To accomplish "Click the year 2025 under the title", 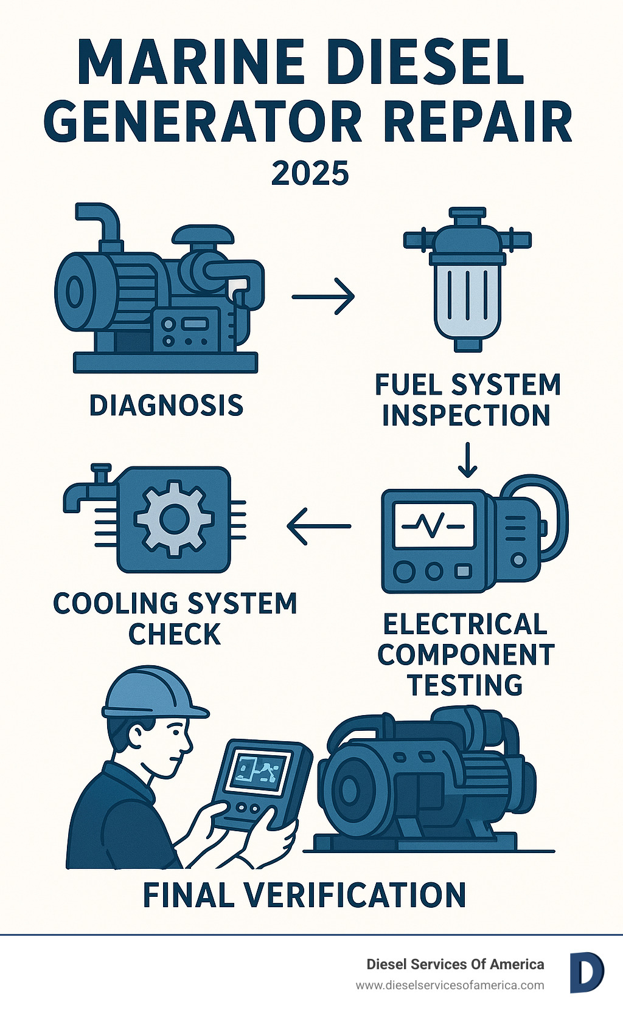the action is [x=310, y=173].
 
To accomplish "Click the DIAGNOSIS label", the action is [x=167, y=405].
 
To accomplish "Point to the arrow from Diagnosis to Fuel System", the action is [x=323, y=297].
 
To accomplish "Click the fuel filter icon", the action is [x=467, y=279].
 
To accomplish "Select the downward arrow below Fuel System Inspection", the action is [x=467, y=460].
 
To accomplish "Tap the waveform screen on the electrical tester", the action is [x=434, y=525].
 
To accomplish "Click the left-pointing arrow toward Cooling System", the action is [x=319, y=526].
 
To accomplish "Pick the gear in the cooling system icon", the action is [x=174, y=519].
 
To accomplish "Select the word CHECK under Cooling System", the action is [x=175, y=634].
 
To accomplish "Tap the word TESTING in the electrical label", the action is [x=465, y=685].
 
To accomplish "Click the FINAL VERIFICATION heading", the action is [x=304, y=894].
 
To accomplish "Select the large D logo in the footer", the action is [x=587, y=973].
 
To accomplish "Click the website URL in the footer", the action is [x=450, y=986].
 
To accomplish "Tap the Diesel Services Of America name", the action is [x=455, y=964].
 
